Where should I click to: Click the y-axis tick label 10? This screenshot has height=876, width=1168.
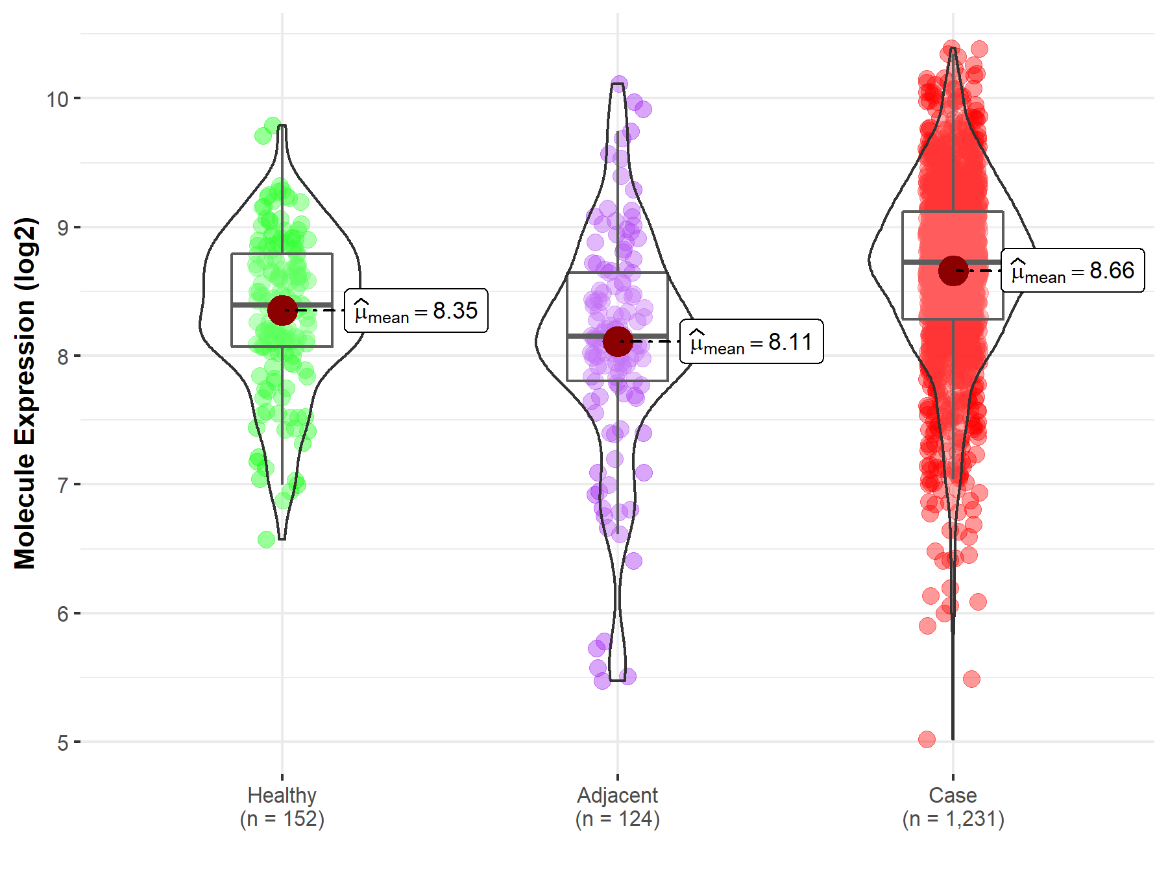coord(57,99)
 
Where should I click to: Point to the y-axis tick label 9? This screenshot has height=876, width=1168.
coord(63,228)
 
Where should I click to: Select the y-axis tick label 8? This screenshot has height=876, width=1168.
coord(63,356)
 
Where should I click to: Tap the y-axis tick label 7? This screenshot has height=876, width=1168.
coord(63,485)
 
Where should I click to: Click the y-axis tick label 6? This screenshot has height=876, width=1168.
coord(63,614)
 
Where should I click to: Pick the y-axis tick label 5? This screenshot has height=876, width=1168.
coord(63,742)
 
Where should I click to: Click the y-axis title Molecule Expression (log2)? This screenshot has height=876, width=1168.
coord(25,393)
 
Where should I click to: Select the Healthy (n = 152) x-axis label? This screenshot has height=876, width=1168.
coord(282,807)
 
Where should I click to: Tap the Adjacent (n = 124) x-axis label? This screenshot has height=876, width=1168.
coord(618,807)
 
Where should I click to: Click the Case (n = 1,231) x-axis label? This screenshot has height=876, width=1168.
coord(953,807)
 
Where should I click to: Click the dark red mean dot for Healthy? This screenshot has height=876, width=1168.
coord(282,310)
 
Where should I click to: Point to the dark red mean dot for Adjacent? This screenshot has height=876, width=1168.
coord(618,341)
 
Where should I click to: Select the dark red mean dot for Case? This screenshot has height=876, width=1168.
coord(953,271)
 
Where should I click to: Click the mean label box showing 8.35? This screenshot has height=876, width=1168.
coord(416,311)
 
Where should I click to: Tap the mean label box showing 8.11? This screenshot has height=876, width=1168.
coord(751,341)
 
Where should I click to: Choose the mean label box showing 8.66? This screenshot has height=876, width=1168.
coord(1073,271)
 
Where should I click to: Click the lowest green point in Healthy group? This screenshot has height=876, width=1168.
coord(266,539)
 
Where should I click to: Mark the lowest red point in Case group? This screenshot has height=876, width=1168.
coord(927,739)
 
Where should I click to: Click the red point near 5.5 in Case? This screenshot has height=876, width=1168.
coord(971,679)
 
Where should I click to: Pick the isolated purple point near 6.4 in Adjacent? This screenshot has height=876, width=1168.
coord(634,561)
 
